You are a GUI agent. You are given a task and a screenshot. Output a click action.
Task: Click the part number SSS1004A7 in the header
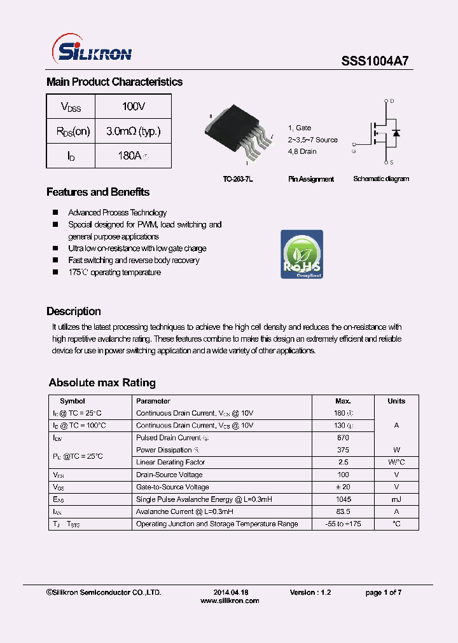click(x=375, y=61)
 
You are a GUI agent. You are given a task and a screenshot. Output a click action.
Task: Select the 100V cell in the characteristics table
click(x=133, y=106)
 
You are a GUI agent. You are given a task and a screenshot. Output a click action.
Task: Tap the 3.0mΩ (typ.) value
click(x=133, y=131)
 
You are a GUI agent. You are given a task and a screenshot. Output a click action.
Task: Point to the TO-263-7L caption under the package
click(x=238, y=179)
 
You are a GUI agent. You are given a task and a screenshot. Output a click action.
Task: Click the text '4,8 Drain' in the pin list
click(x=302, y=151)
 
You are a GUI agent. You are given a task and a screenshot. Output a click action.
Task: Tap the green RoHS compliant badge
click(x=302, y=254)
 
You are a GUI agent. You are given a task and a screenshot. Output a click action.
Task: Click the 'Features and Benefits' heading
click(x=98, y=192)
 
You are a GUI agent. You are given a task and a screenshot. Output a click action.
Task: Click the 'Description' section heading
click(x=74, y=311)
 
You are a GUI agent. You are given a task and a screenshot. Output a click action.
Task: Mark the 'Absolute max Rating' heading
click(x=102, y=382)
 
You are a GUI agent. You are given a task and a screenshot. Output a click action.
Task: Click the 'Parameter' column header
click(x=153, y=401)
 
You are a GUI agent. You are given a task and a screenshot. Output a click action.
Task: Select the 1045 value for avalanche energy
click(x=343, y=499)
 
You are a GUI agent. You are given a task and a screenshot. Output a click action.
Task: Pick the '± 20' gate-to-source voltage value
click(x=343, y=487)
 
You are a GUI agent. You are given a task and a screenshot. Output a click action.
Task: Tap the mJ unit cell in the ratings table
click(x=396, y=499)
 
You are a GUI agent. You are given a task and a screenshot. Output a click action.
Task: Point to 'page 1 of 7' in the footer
click(x=383, y=592)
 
